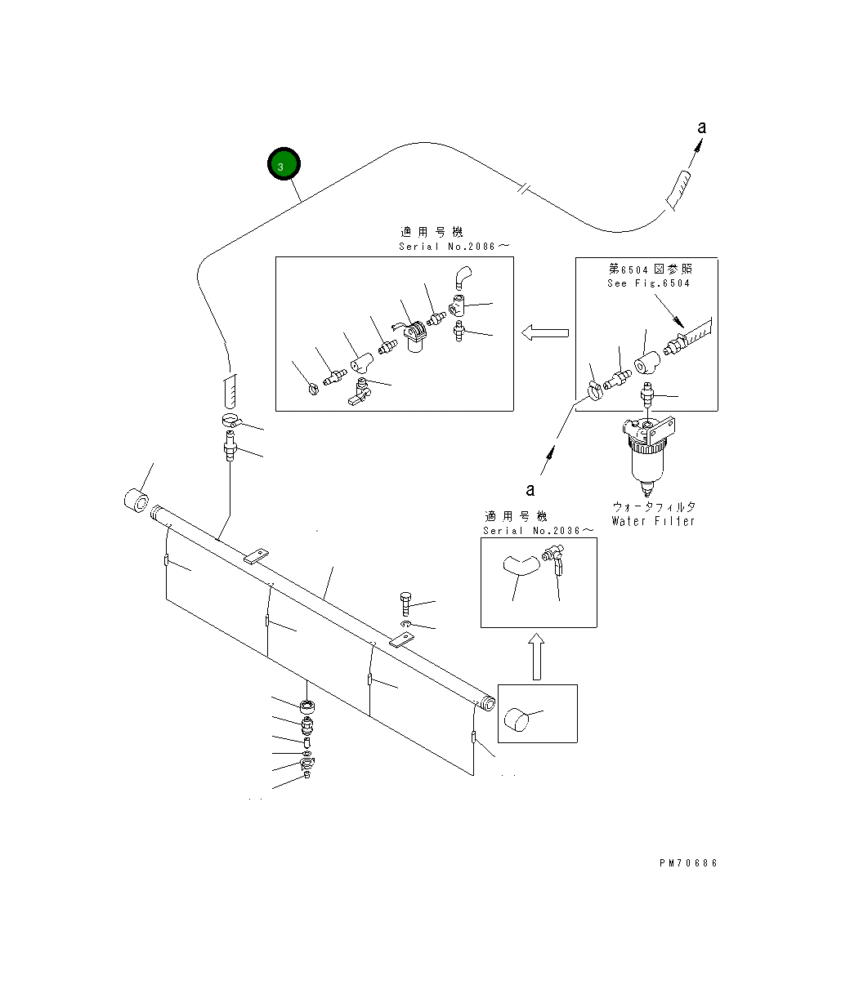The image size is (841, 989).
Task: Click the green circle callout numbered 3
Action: tap(284, 166)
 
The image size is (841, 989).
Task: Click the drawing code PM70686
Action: tap(688, 863)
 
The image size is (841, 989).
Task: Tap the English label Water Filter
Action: tap(652, 521)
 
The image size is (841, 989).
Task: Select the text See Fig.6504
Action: tap(648, 283)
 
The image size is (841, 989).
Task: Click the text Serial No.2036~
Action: tap(538, 530)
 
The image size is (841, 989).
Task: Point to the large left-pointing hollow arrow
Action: tap(545, 332)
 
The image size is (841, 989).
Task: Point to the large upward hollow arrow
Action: tap(536, 658)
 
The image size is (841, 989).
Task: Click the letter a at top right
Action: tap(701, 127)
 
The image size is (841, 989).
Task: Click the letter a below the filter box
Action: tap(530, 490)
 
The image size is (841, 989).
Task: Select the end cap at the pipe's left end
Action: tap(136, 499)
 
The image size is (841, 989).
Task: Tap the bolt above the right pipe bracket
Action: tap(407, 605)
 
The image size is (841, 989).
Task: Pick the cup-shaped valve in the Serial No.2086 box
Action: tap(416, 338)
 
